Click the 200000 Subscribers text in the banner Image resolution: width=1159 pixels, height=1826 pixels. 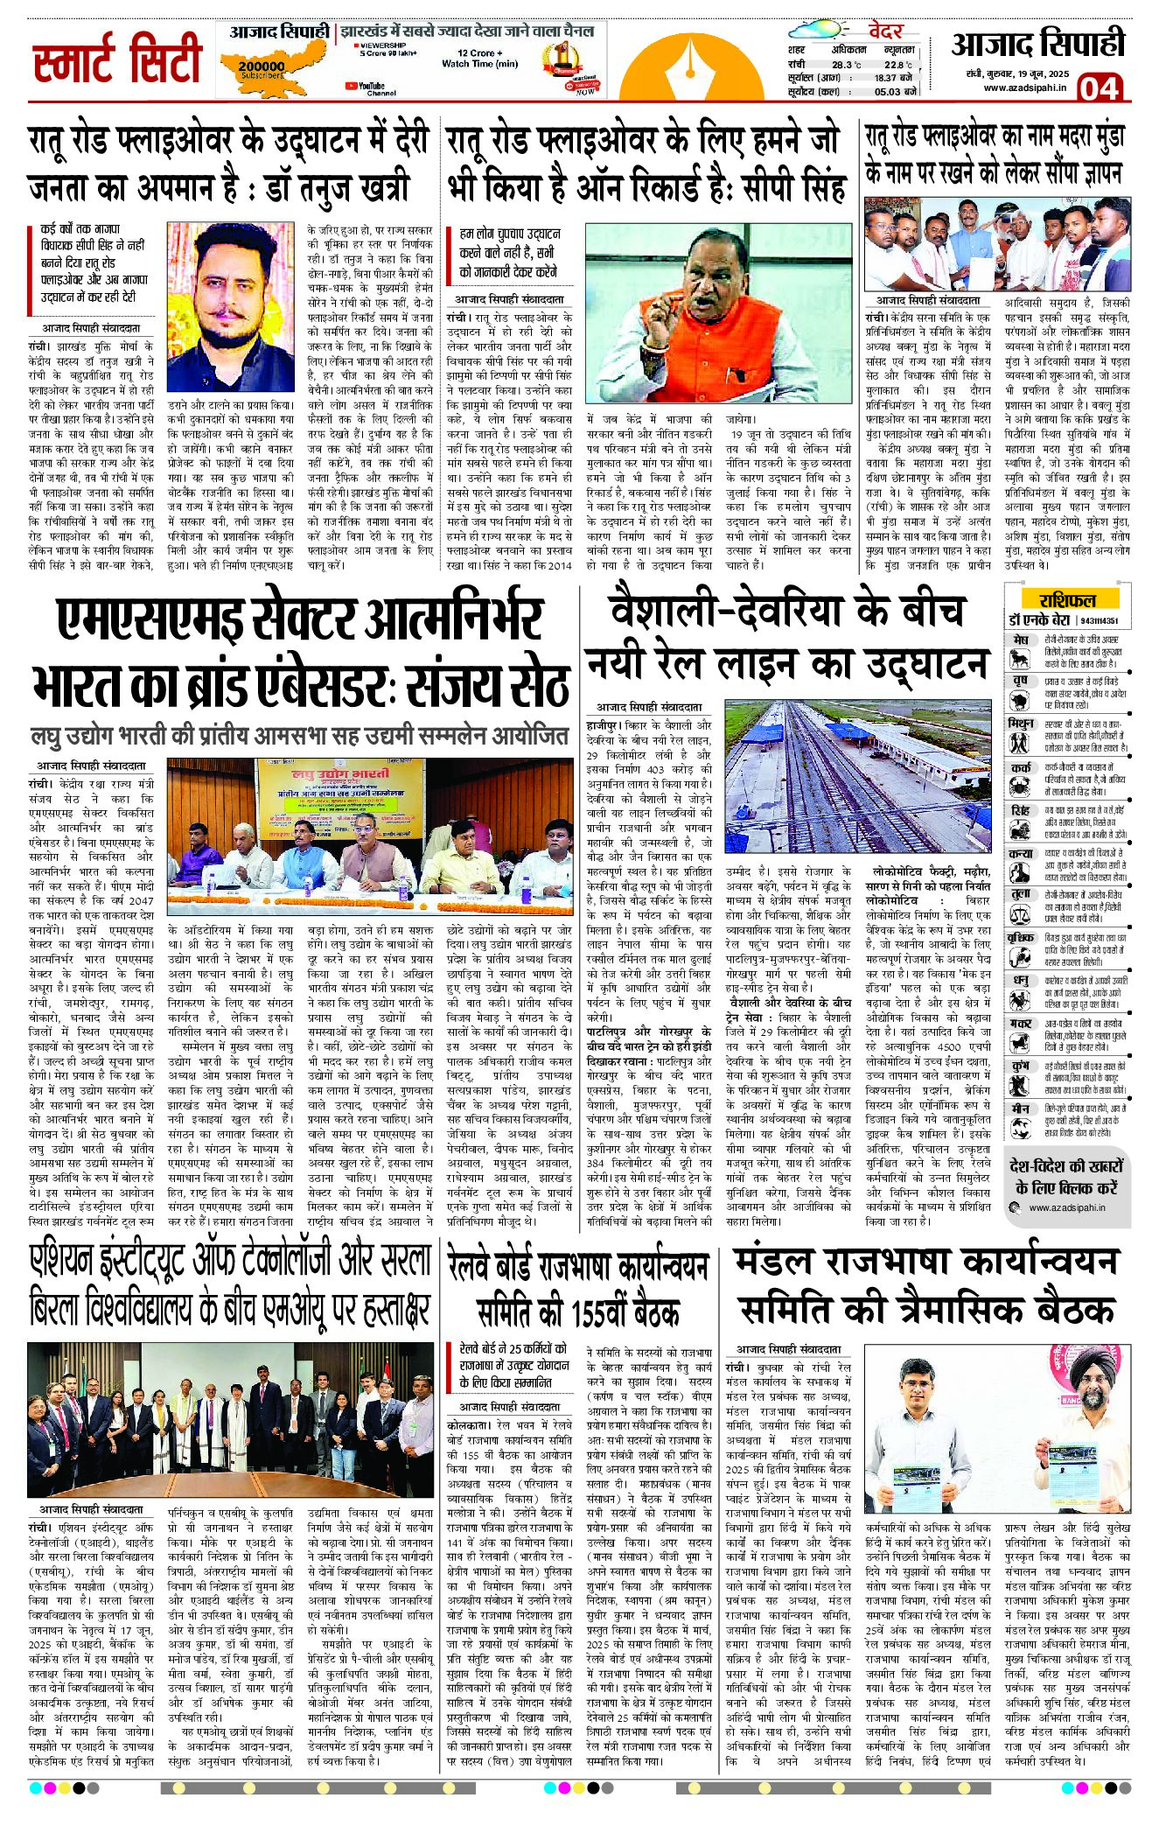pyautogui.click(x=261, y=68)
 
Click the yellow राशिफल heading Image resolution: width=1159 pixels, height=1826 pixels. pyautogui.click(x=1067, y=599)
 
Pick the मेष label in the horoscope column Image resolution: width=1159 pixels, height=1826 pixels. pyautogui.click(x=1020, y=640)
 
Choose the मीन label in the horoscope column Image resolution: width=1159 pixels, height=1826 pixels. pyautogui.click(x=1020, y=1108)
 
